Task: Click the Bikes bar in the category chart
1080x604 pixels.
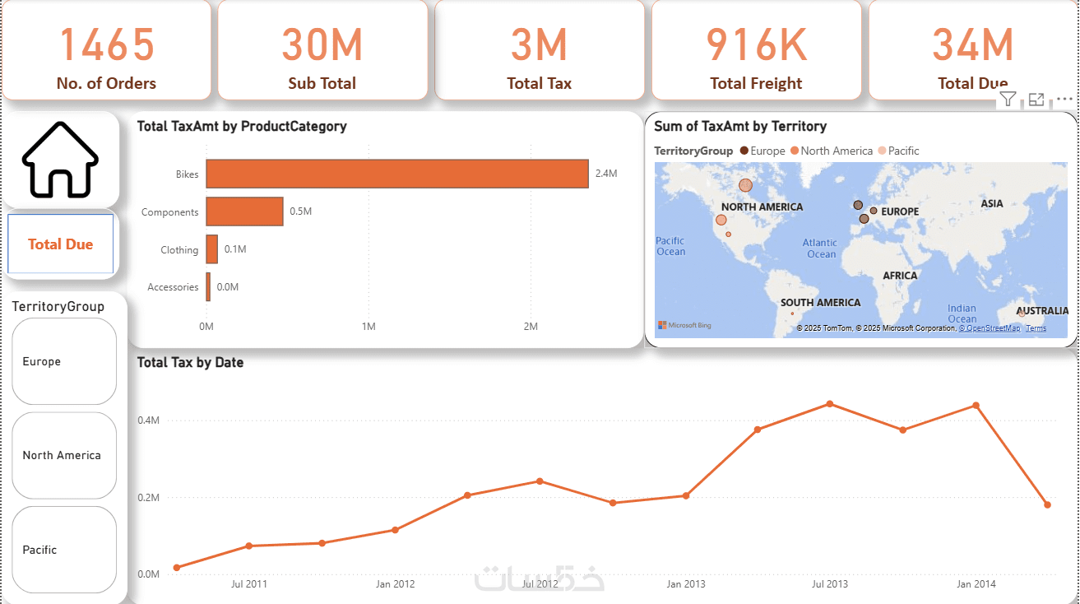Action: [396, 174]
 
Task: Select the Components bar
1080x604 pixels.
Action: [244, 211]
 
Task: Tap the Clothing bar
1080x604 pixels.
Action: [212, 249]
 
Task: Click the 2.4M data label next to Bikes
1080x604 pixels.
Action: [605, 174]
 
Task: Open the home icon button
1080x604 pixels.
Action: [60, 160]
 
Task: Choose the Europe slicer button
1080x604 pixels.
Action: [64, 361]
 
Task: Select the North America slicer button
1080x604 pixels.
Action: [64, 455]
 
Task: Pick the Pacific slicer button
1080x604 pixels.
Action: [64, 550]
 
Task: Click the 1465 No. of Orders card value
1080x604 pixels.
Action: [107, 44]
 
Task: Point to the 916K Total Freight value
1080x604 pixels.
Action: [757, 44]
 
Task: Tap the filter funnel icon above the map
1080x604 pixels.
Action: [1008, 100]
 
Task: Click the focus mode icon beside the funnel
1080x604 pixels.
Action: [1036, 100]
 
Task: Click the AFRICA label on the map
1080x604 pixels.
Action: [900, 276]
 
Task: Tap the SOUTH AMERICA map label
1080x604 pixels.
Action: [820, 302]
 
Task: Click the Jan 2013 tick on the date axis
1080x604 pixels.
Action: [685, 584]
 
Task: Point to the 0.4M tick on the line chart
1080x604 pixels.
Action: [148, 420]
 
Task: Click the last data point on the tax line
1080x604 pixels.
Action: [1047, 504]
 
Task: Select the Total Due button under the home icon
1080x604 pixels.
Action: [61, 244]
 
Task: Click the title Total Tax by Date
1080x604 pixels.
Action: [190, 362]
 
